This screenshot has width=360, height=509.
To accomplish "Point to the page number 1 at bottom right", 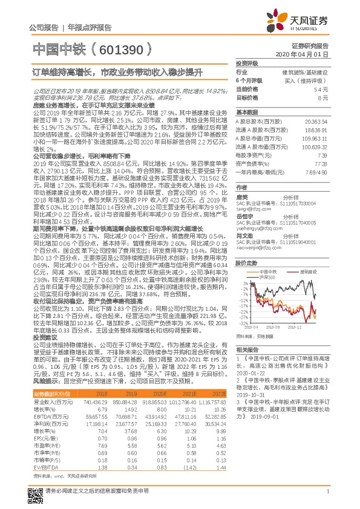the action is (327, 496).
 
